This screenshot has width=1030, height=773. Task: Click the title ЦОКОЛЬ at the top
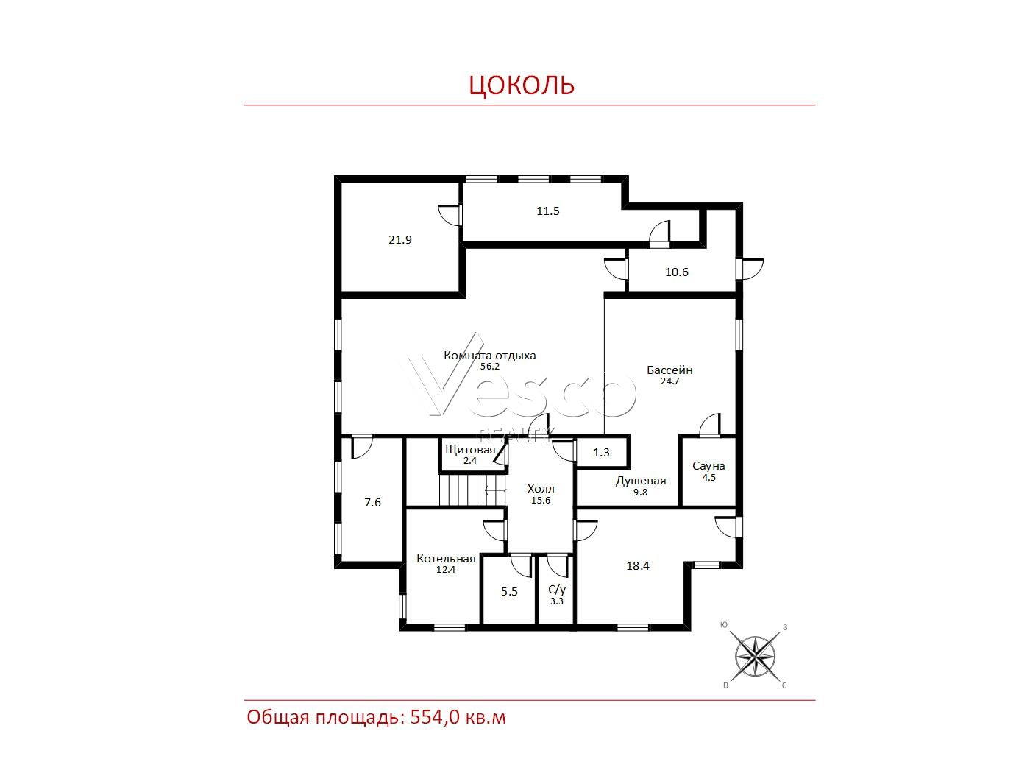(522, 85)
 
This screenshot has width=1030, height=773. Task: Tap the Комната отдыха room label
(489, 356)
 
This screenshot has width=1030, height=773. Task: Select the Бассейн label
(669, 370)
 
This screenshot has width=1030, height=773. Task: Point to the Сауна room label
(708, 466)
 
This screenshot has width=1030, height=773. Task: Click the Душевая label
(641, 481)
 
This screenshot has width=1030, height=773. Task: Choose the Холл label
(541, 489)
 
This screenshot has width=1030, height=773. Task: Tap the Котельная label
(446, 559)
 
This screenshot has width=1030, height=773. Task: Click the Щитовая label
(470, 450)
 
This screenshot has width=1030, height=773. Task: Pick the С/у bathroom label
(557, 590)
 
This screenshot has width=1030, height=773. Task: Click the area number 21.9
(399, 240)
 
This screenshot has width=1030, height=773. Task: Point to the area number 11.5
(548, 211)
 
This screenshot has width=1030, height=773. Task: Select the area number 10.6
(677, 272)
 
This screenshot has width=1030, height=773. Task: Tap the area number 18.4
(638, 566)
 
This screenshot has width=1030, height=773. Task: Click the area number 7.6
(372, 503)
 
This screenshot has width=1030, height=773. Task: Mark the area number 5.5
(509, 592)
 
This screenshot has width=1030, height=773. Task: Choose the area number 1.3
(601, 453)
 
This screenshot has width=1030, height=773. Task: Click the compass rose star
(755, 656)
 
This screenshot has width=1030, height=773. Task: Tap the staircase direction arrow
(496, 490)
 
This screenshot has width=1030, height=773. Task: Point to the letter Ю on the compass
(724, 625)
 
